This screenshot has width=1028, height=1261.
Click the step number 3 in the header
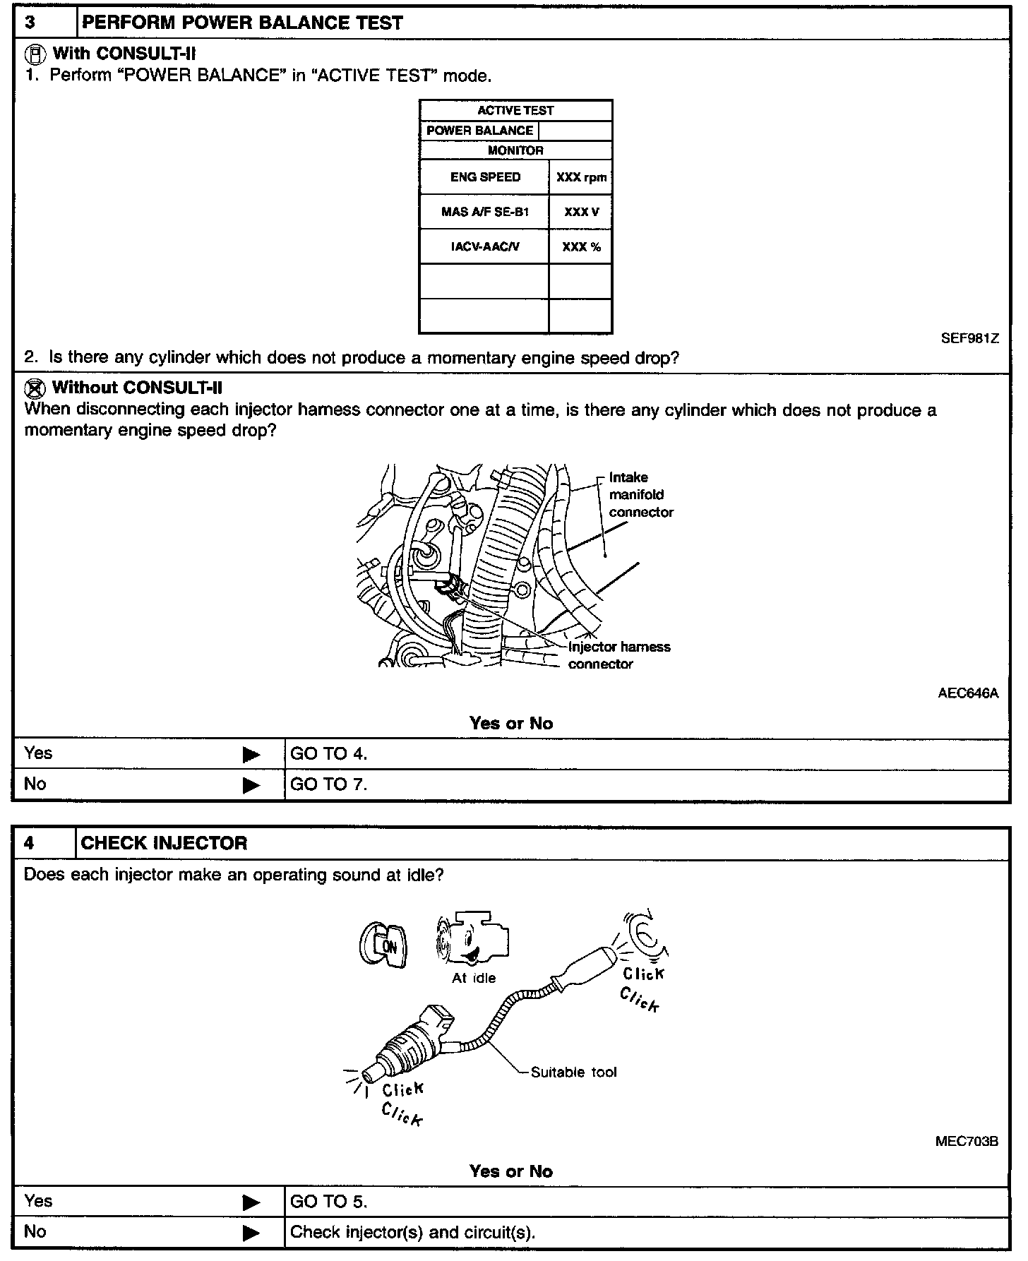pyautogui.click(x=30, y=23)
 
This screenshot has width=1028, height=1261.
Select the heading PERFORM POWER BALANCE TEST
pyautogui.click(x=242, y=23)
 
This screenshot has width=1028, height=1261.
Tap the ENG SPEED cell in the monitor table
pyautogui.click(x=485, y=177)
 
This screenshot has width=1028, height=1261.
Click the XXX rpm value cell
pyautogui.click(x=581, y=177)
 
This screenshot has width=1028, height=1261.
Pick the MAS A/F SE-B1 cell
pyautogui.click(x=485, y=212)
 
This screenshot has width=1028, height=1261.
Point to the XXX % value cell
pyautogui.click(x=581, y=247)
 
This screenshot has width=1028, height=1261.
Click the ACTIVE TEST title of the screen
pyautogui.click(x=515, y=111)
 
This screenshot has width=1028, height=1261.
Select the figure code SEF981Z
pyautogui.click(x=969, y=338)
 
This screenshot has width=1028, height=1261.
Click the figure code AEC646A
pyautogui.click(x=968, y=693)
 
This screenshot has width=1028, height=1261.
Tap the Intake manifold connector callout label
pyautogui.click(x=640, y=494)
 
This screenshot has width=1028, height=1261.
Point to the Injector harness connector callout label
pyautogui.click(x=619, y=655)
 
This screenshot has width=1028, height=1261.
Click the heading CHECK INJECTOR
pyautogui.click(x=164, y=843)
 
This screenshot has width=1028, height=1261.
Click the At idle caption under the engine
pyautogui.click(x=474, y=978)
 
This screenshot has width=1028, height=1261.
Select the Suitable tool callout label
pyautogui.click(x=573, y=1072)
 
